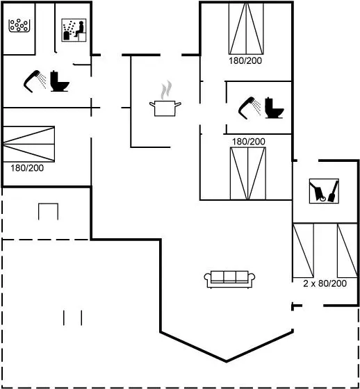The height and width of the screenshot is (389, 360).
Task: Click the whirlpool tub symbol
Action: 19,26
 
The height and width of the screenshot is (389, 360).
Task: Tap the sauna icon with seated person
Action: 74,30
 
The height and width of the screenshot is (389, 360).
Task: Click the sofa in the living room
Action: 229,279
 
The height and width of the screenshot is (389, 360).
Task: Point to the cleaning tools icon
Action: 324,191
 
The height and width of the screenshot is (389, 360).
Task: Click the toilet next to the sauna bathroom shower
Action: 60,81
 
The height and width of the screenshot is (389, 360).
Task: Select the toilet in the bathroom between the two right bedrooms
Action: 274,108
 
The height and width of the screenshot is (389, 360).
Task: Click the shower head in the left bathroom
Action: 35,81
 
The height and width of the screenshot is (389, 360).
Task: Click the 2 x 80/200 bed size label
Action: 325,283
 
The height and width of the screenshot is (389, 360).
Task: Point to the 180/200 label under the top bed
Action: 245,61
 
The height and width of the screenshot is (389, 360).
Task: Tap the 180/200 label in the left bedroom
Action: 27,168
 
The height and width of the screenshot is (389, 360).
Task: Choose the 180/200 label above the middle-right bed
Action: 249,142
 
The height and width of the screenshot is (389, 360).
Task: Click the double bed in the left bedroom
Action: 28,144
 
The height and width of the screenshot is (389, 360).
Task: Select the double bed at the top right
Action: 246,28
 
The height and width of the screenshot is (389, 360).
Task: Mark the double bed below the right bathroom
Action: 248,174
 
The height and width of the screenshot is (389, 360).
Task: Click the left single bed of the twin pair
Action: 303,250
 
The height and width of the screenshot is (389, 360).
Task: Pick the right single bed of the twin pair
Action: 347,250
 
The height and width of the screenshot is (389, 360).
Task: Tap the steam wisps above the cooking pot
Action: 166,90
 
